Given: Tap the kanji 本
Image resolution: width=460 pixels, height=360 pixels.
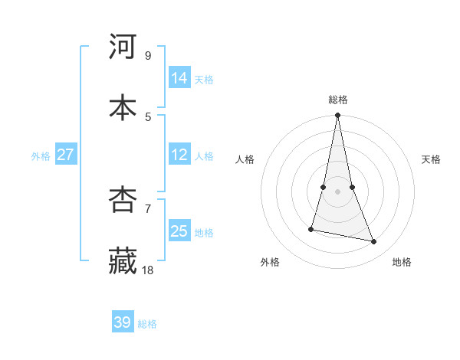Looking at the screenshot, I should [x=123, y=107].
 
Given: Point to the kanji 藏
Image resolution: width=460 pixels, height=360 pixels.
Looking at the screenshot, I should [x=123, y=261].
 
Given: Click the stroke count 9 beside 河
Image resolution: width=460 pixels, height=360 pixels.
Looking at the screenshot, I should [x=148, y=55].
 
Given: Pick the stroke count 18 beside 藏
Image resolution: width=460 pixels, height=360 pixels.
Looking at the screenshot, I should [x=148, y=270].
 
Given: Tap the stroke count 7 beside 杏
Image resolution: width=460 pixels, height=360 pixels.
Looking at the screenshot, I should [x=148, y=208].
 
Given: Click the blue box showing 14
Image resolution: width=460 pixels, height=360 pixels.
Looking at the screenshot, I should [x=179, y=78].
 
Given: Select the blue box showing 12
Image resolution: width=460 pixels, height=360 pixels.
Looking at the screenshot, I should [x=179, y=155].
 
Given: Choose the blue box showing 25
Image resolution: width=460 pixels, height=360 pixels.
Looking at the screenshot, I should [x=179, y=231].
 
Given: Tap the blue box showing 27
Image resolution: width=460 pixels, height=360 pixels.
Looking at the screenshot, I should [x=65, y=155].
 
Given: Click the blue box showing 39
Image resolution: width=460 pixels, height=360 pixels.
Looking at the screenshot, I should [x=123, y=322].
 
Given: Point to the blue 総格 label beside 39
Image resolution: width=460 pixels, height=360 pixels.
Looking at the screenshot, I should [x=148, y=324].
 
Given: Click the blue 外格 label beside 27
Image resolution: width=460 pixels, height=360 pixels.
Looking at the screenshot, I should [x=41, y=156].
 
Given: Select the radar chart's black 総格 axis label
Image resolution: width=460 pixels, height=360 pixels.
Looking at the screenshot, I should [x=338, y=100].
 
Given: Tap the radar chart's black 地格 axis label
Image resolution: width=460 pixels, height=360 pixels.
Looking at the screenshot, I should [x=402, y=262].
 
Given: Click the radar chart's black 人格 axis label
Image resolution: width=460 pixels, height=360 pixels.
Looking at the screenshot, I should [x=245, y=159].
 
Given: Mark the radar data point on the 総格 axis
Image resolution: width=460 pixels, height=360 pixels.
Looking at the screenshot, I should [x=338, y=116].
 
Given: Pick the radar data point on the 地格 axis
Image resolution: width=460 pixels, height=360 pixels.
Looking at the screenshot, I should [x=374, y=242].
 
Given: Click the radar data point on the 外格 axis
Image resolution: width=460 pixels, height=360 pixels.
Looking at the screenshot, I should [x=311, y=229].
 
